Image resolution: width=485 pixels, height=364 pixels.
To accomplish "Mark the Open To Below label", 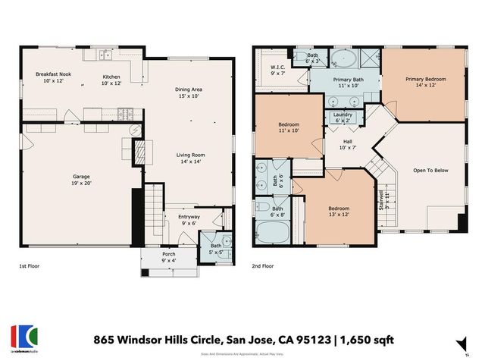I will coord(430,170).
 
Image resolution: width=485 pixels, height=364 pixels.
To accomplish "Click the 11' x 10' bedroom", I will coord(289,127).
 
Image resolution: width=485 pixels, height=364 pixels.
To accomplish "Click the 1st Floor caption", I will coord(30,267).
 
